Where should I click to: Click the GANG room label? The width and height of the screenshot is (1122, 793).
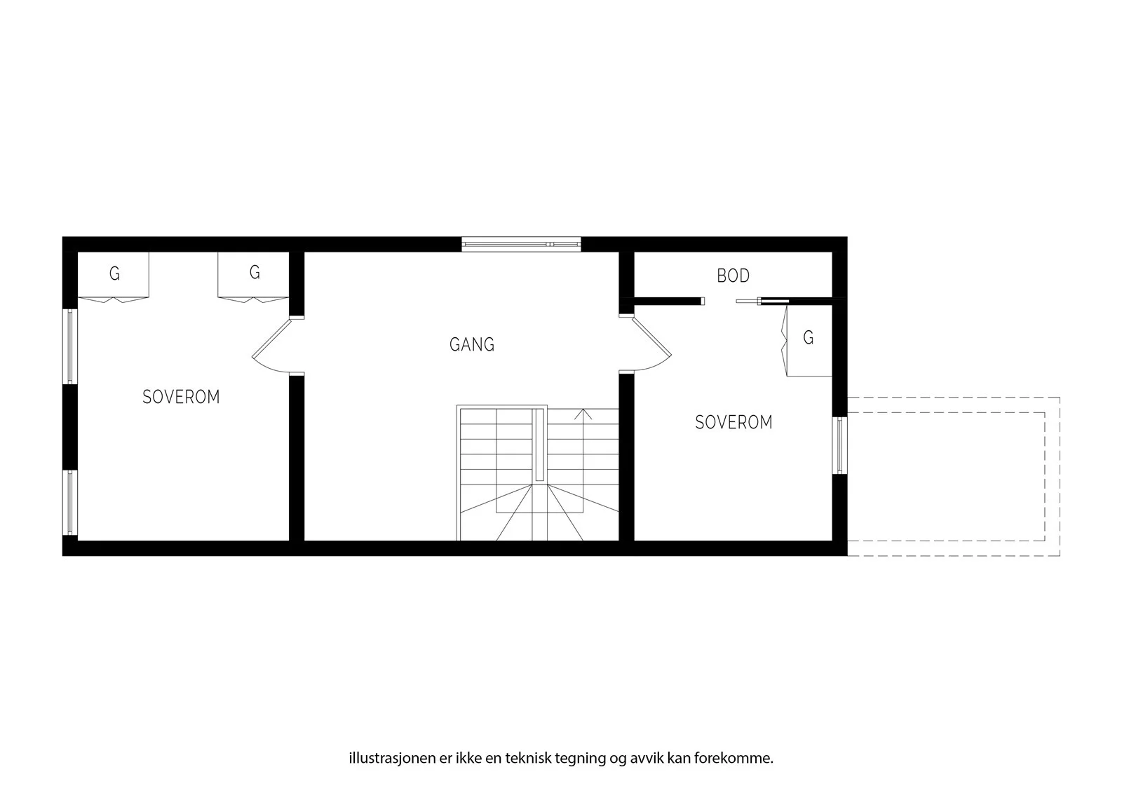coord(472,345)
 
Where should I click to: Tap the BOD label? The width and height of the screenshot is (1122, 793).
coord(734,276)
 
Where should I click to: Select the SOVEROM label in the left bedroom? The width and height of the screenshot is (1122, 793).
coord(182,398)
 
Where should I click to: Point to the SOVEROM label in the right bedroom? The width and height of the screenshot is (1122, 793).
coord(734,422)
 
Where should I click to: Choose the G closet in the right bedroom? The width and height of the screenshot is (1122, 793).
coord(807,341)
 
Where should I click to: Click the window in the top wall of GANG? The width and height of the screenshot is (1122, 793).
coord(522,244)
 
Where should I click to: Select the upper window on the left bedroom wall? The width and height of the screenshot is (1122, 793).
coord(70,346)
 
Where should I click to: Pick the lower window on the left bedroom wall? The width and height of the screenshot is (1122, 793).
coord(70,503)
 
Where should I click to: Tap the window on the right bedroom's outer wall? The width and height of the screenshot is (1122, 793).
coord(840,445)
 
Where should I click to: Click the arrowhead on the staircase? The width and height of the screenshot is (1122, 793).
coord(583,414)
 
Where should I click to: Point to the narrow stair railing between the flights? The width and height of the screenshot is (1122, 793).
coord(539,445)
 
